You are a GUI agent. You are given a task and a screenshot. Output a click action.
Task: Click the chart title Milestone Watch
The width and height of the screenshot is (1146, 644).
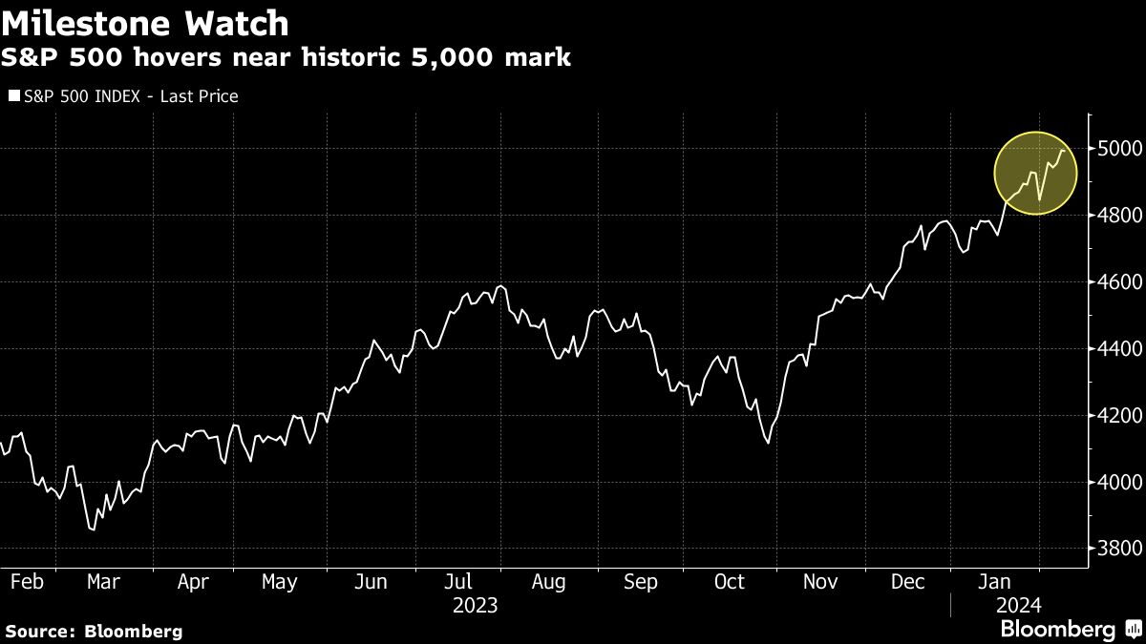(145, 22)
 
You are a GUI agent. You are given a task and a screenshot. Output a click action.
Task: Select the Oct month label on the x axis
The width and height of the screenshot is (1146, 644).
(731, 582)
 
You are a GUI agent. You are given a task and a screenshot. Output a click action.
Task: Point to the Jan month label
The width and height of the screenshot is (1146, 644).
(996, 582)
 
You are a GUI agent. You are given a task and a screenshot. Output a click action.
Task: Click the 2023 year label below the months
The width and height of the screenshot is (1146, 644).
(475, 605)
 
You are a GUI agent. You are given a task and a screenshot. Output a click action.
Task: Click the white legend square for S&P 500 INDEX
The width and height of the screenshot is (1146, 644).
(12, 95)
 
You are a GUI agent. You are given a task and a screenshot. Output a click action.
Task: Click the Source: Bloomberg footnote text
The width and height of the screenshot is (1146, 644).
(94, 631)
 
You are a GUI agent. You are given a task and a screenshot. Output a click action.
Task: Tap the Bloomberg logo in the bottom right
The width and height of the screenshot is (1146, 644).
(1058, 629)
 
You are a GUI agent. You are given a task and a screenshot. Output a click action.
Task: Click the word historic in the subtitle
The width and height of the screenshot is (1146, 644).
(350, 58)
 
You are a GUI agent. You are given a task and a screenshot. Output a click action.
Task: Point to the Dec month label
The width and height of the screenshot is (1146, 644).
(908, 582)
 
